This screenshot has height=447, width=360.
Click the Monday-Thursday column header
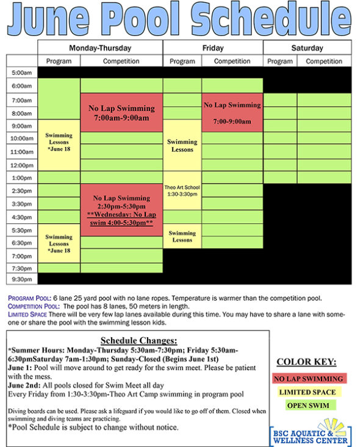(100, 48)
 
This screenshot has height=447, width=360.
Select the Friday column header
(212, 48)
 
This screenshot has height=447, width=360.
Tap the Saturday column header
(307, 48)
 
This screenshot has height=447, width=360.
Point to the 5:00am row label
(22, 73)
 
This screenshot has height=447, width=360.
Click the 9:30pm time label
(22, 279)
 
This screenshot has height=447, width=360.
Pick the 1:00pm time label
(22, 178)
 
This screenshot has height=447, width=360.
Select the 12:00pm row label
(22, 165)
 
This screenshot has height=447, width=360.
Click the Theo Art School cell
(182, 190)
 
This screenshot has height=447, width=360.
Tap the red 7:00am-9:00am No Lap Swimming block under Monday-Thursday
(121, 112)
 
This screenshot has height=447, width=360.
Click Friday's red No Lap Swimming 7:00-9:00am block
(232, 113)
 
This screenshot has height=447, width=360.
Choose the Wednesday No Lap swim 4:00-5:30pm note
(121, 220)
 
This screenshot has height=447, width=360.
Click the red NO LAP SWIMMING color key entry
(308, 379)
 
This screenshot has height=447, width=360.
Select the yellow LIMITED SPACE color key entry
(308, 392)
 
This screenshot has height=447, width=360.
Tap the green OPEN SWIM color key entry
(308, 406)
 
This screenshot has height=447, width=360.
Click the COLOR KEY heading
(308, 361)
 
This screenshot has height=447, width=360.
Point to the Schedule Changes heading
(139, 340)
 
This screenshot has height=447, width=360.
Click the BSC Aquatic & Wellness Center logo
(311, 432)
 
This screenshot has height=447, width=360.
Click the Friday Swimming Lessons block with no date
(182, 145)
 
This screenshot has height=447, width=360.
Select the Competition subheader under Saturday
(323, 61)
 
